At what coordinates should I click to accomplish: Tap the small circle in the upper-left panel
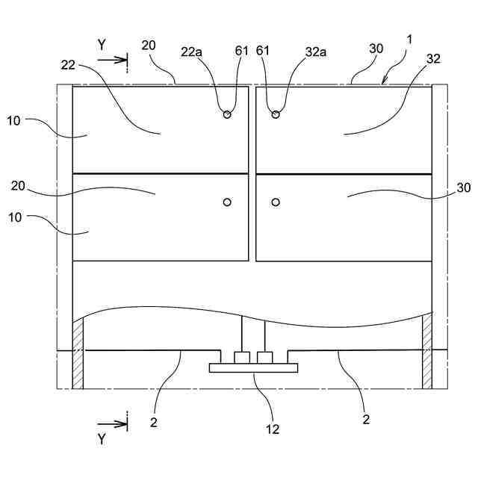coord(227,114)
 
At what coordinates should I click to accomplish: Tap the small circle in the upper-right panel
coord(276,114)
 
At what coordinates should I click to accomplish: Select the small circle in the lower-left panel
coord(227,202)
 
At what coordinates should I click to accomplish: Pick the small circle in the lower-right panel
coord(276,202)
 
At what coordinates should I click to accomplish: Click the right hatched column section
coord(427,351)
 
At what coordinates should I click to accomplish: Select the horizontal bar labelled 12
coord(254,367)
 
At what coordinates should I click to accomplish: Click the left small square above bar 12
coord(241,358)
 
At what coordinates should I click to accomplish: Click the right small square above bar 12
coord(264,358)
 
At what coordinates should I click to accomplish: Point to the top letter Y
coord(102,45)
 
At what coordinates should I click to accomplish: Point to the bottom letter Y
coord(102,439)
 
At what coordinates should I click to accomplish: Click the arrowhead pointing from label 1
coord(384,82)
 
